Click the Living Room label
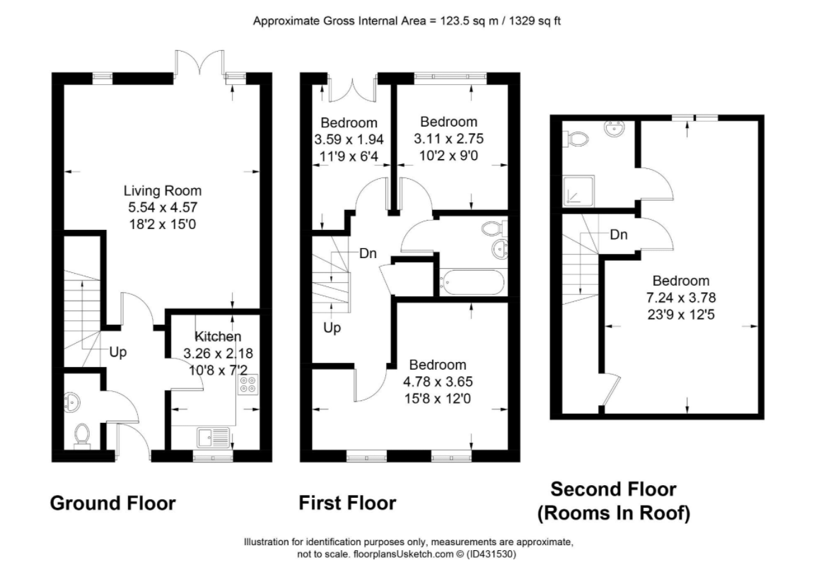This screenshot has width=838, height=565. pyautogui.click(x=163, y=191)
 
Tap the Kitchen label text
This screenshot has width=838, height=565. pyautogui.click(x=218, y=336)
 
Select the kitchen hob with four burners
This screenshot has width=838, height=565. pyautogui.click(x=248, y=385)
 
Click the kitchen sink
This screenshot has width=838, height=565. pyautogui.click(x=214, y=437)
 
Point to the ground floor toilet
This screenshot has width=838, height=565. pyautogui.click(x=82, y=434)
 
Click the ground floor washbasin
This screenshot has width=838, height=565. pyautogui.click(x=71, y=402)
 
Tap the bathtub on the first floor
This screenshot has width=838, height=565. pyautogui.click(x=471, y=282)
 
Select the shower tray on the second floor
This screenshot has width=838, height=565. pyautogui.click(x=578, y=191)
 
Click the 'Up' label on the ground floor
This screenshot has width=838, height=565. pyautogui.click(x=117, y=352)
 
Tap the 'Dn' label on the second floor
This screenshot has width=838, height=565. pyautogui.click(x=618, y=235)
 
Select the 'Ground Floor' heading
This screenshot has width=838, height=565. pyautogui.click(x=112, y=503)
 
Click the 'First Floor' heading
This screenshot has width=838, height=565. pyautogui.click(x=347, y=503)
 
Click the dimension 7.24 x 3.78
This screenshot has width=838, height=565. pyautogui.click(x=681, y=298)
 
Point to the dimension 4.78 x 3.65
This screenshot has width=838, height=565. pyautogui.click(x=438, y=382)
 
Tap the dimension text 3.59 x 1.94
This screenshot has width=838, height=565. pyautogui.click(x=349, y=139)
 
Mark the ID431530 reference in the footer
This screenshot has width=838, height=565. pyautogui.click(x=491, y=554)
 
